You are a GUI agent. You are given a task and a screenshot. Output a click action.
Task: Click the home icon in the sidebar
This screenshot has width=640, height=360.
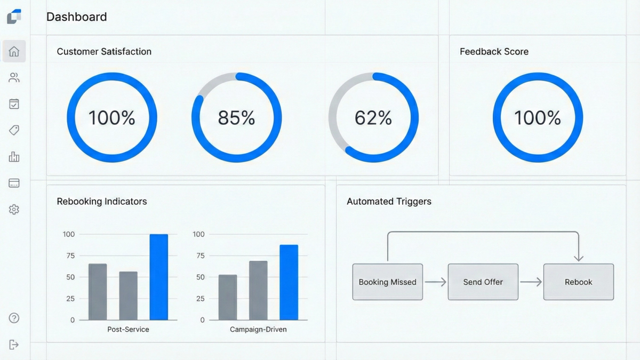click(14, 52)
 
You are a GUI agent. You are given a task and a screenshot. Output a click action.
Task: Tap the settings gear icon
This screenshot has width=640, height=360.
click(14, 210)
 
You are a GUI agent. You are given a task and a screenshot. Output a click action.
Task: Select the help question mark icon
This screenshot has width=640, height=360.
click(14, 318)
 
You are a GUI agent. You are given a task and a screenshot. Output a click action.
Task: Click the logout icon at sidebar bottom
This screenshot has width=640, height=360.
click(14, 345)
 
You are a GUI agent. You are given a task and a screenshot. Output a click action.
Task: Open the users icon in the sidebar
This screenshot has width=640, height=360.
click(14, 78)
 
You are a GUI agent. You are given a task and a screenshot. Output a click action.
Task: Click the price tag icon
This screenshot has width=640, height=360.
click(14, 130)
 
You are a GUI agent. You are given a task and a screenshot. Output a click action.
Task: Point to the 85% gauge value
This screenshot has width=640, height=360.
click(236, 118)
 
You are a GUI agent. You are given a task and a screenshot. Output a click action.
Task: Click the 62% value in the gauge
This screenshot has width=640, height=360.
click(373, 118)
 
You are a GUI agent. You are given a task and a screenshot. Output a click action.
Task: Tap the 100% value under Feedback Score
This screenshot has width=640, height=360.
click(538, 118)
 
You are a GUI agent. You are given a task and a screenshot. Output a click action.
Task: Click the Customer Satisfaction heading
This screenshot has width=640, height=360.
click(104, 52)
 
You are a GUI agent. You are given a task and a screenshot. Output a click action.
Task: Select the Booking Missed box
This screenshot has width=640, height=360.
click(388, 282)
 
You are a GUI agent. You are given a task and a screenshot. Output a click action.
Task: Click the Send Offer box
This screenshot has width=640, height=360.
click(483, 282)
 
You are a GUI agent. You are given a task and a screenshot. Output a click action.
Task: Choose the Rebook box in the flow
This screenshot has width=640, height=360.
click(579, 282)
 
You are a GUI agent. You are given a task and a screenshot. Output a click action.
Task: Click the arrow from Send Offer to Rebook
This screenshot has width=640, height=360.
click(531, 282)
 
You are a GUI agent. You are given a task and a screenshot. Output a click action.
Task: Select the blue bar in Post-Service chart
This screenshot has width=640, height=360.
click(158, 277)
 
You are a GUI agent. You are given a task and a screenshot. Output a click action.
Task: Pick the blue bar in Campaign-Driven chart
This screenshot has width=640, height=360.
click(289, 283)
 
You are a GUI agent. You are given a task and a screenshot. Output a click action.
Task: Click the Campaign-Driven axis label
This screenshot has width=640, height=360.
click(258, 330)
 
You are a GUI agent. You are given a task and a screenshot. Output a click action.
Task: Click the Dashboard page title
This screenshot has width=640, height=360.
click(77, 17)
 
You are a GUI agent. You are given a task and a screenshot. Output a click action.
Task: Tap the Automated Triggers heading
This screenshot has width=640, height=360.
click(389, 202)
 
